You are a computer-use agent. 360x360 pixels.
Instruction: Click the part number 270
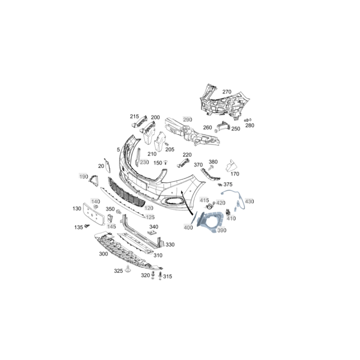click(227, 92)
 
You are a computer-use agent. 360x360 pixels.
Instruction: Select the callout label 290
click(187, 120)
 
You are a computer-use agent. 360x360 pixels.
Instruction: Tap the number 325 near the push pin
click(118, 271)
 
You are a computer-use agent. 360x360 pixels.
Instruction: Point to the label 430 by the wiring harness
click(249, 201)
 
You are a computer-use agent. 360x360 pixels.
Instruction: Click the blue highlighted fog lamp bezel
click(210, 222)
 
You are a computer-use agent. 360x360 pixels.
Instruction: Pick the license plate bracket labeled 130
click(94, 214)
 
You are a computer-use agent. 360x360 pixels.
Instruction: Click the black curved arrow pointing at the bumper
click(186, 202)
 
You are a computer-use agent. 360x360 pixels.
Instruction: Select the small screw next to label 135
click(87, 226)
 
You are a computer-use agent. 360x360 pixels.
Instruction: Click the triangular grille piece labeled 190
click(94, 180)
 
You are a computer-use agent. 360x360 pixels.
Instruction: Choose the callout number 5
click(118, 150)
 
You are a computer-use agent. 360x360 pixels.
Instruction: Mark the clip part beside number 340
click(151, 233)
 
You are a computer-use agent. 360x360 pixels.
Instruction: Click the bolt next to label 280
click(247, 120)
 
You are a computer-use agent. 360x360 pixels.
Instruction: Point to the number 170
click(234, 174)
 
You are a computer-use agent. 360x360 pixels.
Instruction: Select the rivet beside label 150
click(165, 162)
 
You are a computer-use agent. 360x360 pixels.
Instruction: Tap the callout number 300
click(103, 254)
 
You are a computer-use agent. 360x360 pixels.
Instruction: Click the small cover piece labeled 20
click(107, 165)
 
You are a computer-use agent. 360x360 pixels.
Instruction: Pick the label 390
click(222, 230)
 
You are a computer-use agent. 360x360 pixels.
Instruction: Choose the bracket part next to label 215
click(139, 121)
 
